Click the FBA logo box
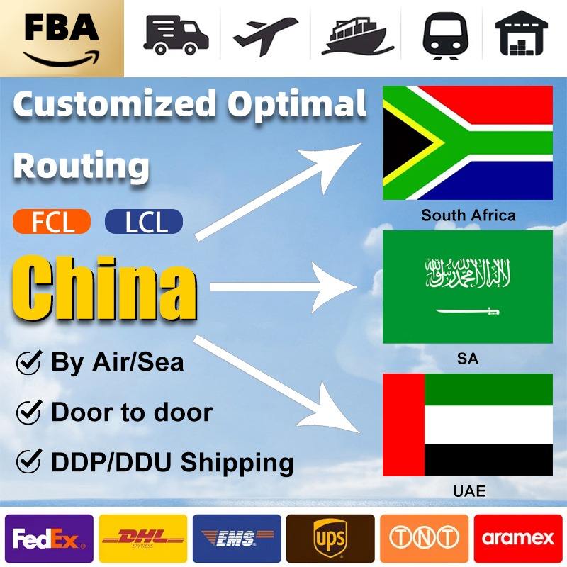pyautogui.click(x=62, y=38)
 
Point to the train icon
pyautogui.click(x=445, y=35)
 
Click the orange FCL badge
pyautogui.click(x=52, y=222)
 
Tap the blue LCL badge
pyautogui.click(x=144, y=222)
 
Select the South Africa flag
pyautogui.click(x=467, y=143)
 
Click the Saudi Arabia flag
pyautogui.click(x=467, y=287)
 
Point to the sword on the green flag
pyautogui.click(x=467, y=311)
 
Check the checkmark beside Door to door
pyautogui.click(x=28, y=412)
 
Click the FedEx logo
pyautogui.click(x=49, y=539)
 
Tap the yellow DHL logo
pyautogui.click(x=143, y=539)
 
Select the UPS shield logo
pyautogui.click(x=330, y=539)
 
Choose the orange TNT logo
pyautogui.click(x=424, y=539)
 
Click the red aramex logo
pyautogui.click(x=518, y=539)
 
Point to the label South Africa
pyautogui.click(x=468, y=215)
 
